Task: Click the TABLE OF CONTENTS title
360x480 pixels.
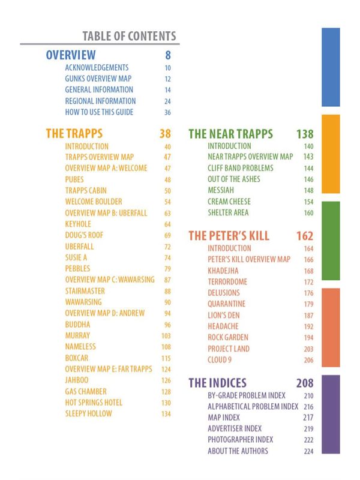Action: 129,36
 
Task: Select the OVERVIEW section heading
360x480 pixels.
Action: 71,55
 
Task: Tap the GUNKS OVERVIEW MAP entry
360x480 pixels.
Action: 98,79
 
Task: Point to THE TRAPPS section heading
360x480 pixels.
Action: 74,133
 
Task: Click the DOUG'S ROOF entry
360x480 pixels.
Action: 85,235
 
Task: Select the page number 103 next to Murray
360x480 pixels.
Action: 166,335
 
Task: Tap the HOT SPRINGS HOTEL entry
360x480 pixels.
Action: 97,403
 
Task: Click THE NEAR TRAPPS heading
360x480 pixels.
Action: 231,134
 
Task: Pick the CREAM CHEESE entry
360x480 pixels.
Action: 229,202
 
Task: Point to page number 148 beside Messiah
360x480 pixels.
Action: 308,190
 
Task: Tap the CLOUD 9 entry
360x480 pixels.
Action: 220,360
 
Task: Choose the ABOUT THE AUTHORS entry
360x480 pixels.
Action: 238,451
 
